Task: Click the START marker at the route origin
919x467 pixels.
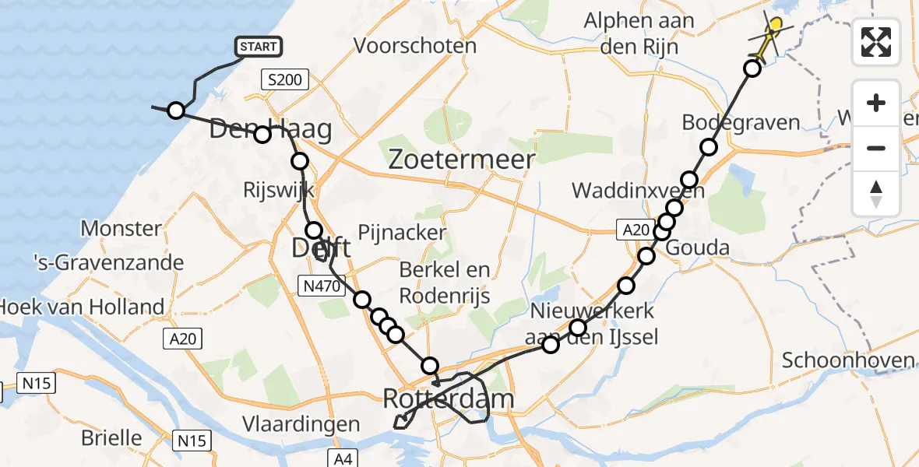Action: (259, 47)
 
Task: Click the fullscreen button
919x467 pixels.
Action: (876, 41)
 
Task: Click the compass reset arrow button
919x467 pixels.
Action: (876, 194)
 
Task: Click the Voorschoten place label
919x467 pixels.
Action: (415, 45)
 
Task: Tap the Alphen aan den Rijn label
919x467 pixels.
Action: (639, 33)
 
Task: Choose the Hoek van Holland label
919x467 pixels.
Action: (81, 307)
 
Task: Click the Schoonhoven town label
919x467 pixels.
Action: (847, 360)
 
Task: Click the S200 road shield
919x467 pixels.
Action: (285, 79)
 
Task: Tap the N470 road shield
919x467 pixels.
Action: (320, 286)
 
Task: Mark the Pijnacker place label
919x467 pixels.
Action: (402, 232)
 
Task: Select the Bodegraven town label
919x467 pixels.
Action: (741, 122)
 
